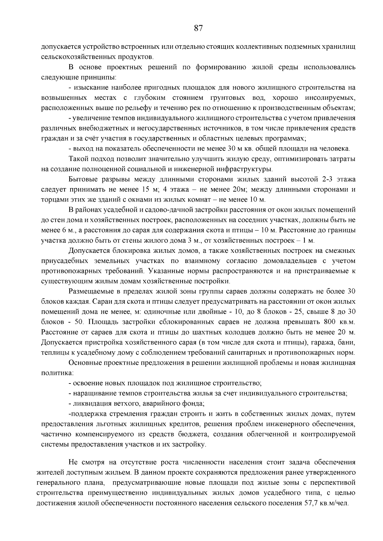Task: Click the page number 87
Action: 198,28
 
